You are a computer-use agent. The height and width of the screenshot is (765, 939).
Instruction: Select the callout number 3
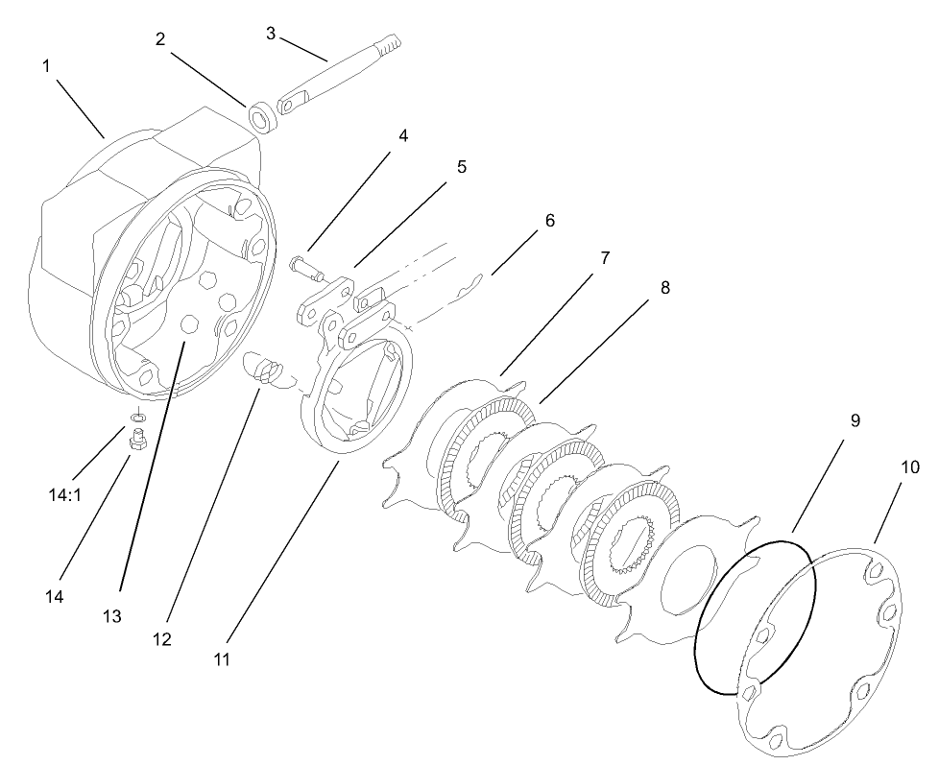click(x=271, y=33)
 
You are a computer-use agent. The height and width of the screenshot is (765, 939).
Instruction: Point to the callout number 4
click(x=403, y=135)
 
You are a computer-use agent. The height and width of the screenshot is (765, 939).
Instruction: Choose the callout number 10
click(x=910, y=467)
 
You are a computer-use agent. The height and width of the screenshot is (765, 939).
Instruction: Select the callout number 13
click(x=113, y=617)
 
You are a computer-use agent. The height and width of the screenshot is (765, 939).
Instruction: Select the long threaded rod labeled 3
click(x=341, y=73)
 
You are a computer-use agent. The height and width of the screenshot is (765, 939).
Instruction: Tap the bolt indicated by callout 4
click(x=305, y=268)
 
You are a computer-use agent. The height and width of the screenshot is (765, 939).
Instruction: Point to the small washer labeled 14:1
click(x=138, y=416)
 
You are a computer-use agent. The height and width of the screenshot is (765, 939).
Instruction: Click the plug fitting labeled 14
click(x=136, y=441)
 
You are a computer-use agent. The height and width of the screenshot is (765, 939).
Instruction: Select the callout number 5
click(x=462, y=166)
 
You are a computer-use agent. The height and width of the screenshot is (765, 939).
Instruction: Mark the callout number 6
click(x=549, y=220)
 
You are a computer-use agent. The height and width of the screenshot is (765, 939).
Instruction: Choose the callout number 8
click(x=664, y=287)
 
